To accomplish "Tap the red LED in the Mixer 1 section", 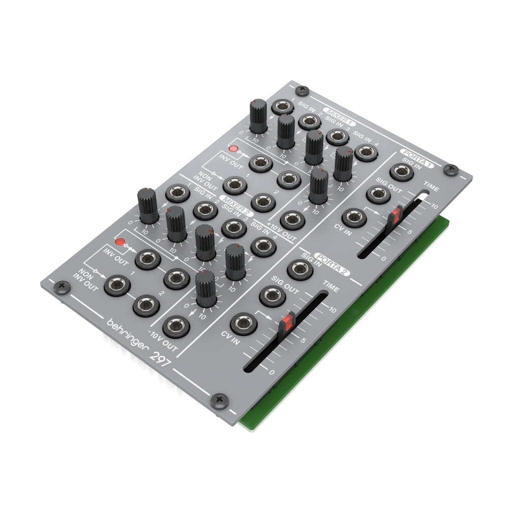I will pyautogui.click(x=232, y=149).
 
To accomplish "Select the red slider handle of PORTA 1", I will pyautogui.click(x=397, y=214).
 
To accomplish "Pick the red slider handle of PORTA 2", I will pyautogui.click(x=287, y=321).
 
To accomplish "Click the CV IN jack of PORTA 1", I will pyautogui.click(x=354, y=217).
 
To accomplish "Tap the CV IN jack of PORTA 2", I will pyautogui.click(x=243, y=323).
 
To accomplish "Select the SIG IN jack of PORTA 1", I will pyautogui.click(x=401, y=172).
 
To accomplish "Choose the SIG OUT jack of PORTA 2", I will pyautogui.click(x=272, y=296).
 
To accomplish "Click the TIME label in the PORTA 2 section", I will pyautogui.click(x=331, y=288).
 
